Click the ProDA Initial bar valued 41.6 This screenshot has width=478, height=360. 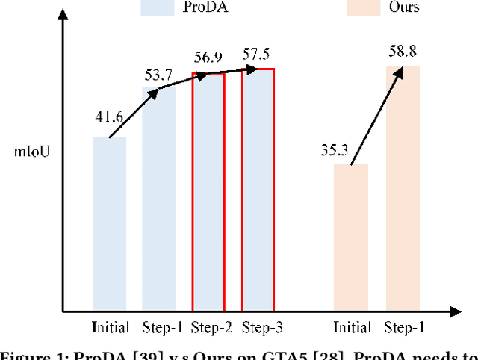[109, 223]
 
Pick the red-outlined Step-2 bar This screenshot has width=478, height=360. [208, 191]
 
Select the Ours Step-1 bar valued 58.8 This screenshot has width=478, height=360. [403, 187]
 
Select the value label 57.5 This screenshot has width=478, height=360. [257, 55]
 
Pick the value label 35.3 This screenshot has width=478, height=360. [335, 150]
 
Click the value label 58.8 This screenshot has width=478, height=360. [403, 53]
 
